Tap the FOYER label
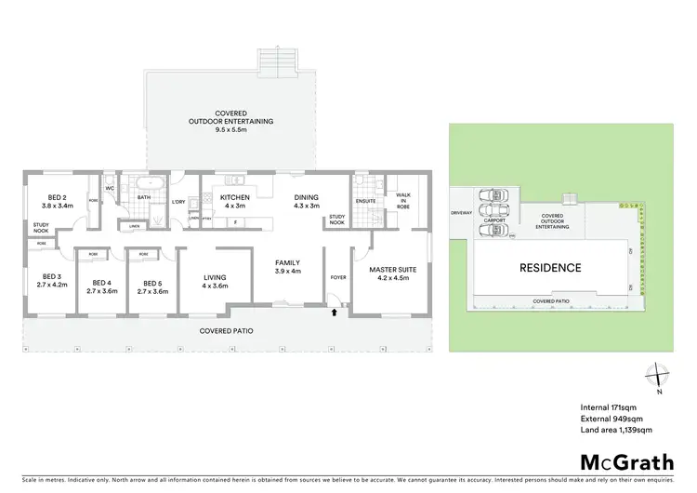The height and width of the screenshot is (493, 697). pyautogui.click(x=337, y=277)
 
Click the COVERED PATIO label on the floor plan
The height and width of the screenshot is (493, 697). pyautogui.click(x=227, y=330)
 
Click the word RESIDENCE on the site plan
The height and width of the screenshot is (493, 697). pyautogui.click(x=550, y=268)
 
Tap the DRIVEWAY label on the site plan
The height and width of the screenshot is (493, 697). pyautogui.click(x=462, y=213)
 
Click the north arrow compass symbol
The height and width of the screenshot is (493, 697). pyautogui.click(x=659, y=374)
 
